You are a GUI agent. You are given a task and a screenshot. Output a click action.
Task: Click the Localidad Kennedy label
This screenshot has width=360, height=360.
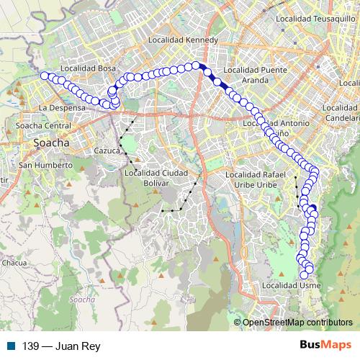coord(181,40)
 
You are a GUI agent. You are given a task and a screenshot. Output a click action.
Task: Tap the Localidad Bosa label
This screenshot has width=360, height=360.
coord(89,68)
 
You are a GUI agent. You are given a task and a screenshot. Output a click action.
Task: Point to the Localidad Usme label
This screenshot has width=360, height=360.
coord(291,286)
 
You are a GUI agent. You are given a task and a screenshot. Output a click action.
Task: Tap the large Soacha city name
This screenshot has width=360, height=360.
coord(51,143)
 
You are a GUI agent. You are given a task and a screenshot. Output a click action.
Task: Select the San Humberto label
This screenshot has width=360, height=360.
coord(46,165)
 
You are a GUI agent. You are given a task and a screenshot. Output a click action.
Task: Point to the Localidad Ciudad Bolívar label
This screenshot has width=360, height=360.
coord(156,177)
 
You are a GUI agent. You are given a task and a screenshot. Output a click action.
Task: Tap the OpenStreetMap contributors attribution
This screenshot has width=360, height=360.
coord(297,323)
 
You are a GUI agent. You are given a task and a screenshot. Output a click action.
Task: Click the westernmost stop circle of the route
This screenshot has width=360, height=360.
coord(45,76)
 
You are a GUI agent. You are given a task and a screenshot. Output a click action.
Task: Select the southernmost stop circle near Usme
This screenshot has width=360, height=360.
coord(304,274)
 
